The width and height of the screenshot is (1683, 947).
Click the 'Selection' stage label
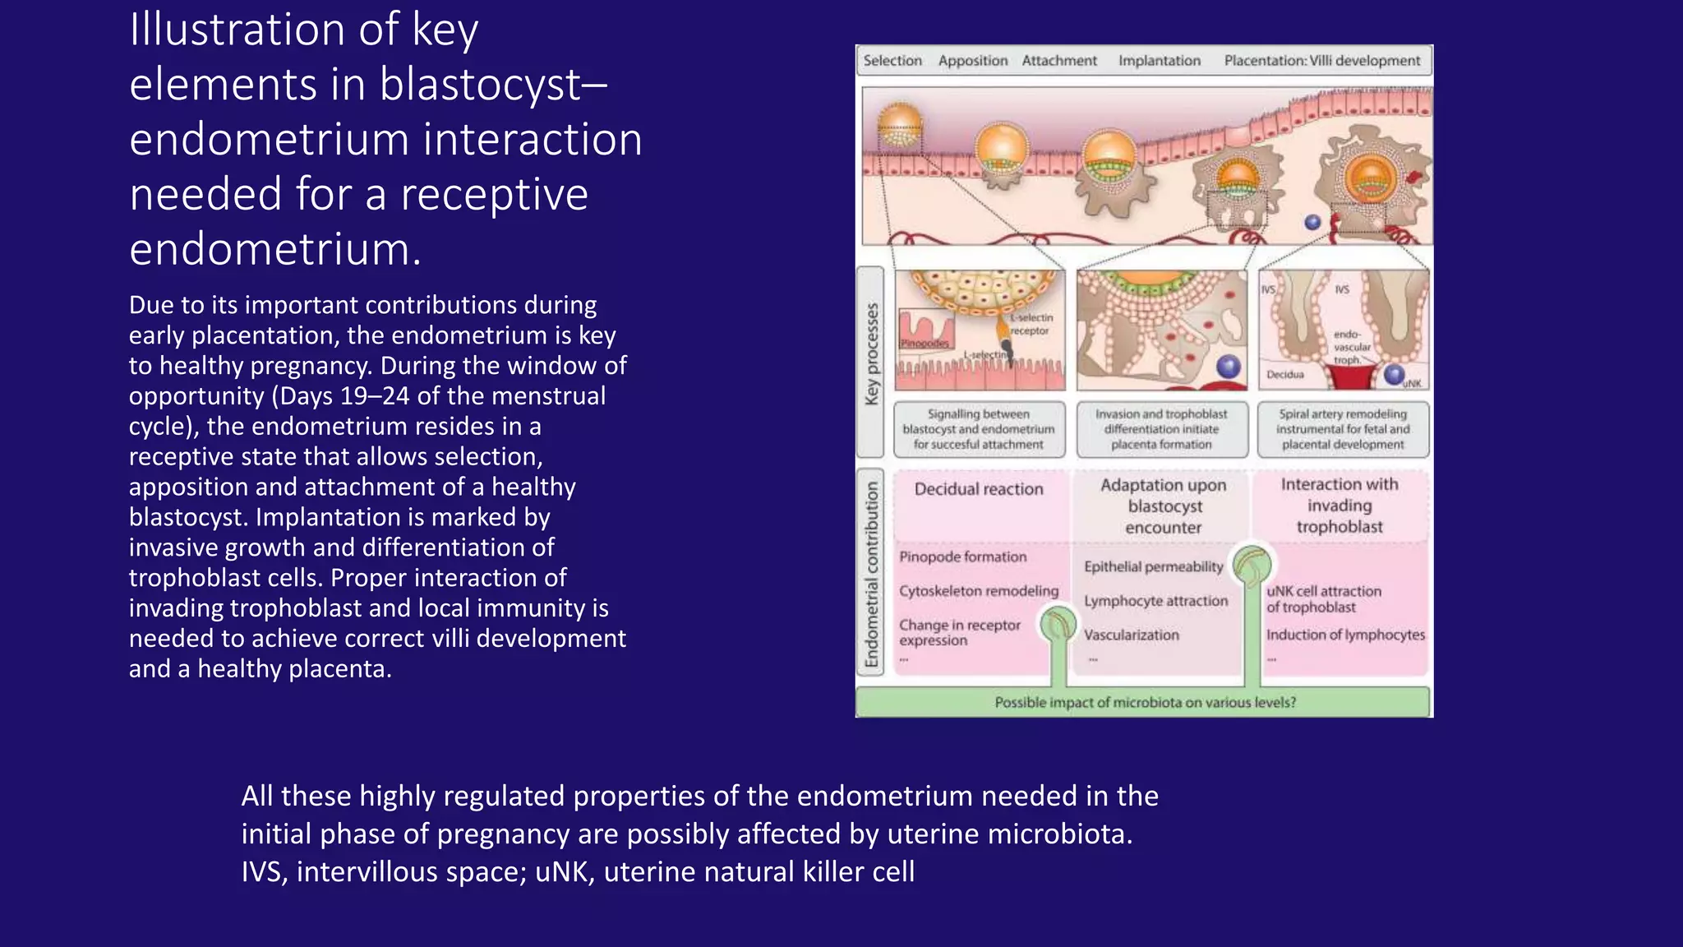[x=892, y=61]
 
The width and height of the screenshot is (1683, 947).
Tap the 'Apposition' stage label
[x=973, y=61]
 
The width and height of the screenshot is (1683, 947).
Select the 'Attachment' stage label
[x=1059, y=61]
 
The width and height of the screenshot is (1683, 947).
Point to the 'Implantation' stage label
[x=1160, y=61]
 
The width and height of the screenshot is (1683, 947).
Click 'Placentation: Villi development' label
[x=1321, y=61]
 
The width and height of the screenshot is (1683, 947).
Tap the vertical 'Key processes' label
[x=871, y=354]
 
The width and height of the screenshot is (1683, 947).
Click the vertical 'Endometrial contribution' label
[x=871, y=574]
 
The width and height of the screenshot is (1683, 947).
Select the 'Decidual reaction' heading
[x=979, y=489]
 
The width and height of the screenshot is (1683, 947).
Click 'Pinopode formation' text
[x=963, y=557]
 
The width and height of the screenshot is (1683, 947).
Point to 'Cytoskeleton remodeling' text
[x=979, y=591]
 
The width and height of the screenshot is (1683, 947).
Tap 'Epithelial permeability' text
[x=1153, y=566]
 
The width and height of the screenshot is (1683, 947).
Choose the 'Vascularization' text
[x=1131, y=635]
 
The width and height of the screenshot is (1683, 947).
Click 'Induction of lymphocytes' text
[x=1345, y=635]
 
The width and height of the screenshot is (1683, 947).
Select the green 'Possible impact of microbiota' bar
[x=1144, y=702]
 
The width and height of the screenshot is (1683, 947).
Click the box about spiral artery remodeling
[x=1343, y=429]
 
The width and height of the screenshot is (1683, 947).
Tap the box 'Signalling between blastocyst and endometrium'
[x=979, y=429]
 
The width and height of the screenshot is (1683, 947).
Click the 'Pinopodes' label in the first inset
[x=924, y=343]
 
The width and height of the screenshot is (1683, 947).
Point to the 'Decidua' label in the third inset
[x=1285, y=375]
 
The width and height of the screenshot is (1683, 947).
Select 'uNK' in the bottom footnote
[x=565, y=871]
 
